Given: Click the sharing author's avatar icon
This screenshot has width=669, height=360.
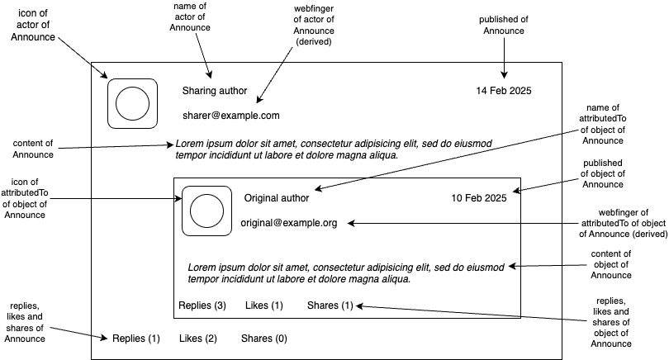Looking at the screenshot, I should tap(131, 103).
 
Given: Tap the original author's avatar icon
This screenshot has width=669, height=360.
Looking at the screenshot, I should tap(206, 211).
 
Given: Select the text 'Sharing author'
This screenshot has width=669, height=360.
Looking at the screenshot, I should tap(216, 90).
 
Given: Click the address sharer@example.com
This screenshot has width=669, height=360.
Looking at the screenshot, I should tap(231, 116).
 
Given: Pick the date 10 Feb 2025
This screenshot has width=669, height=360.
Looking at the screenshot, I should tap(479, 198).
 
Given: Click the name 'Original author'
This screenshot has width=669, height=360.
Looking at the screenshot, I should tap(277, 198).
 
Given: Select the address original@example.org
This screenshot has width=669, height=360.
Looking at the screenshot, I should tap(289, 223).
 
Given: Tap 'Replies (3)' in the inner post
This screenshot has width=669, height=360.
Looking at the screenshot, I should tap(202, 306).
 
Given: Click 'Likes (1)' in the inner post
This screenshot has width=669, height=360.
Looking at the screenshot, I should tap(264, 306).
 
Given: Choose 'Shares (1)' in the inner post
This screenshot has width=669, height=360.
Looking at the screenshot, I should tap(330, 306).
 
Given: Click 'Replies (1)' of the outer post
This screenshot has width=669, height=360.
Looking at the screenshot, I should tap(136, 339).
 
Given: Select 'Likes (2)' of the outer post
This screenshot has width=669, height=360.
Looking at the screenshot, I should tap(198, 339).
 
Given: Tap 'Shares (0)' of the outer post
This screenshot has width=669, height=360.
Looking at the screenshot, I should tap(264, 339).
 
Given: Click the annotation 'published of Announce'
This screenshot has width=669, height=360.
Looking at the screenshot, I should tap(504, 26).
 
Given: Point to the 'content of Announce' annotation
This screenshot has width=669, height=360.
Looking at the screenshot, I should tap(33, 149).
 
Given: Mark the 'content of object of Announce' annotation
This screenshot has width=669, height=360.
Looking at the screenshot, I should tap(612, 264).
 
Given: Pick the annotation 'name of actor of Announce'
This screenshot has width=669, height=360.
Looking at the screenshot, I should tap(190, 17).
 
